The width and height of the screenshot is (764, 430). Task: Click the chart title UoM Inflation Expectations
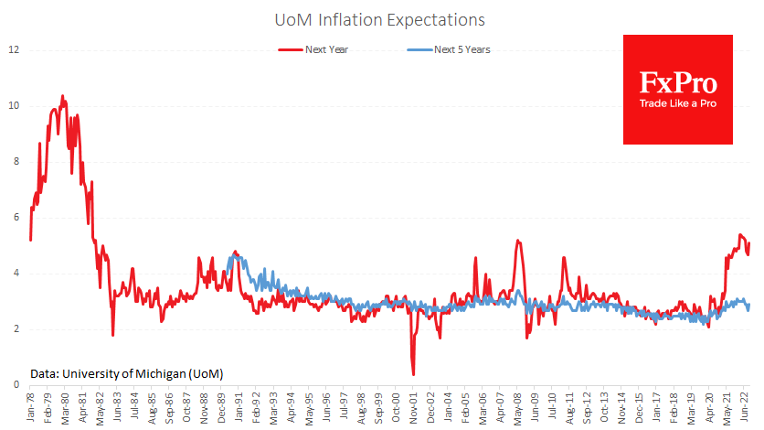(x=381, y=19)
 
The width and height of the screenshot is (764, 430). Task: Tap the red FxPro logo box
(x=677, y=89)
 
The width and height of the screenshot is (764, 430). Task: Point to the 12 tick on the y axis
(x=13, y=48)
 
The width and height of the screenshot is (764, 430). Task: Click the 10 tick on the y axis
(x=13, y=105)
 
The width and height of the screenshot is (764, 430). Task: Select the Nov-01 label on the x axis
(x=414, y=407)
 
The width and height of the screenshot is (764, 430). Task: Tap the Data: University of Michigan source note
(x=126, y=373)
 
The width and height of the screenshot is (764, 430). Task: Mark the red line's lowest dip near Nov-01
(x=413, y=374)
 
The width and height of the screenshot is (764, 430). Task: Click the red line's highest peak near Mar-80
(x=62, y=95)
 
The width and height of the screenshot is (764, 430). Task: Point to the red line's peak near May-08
(x=518, y=241)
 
